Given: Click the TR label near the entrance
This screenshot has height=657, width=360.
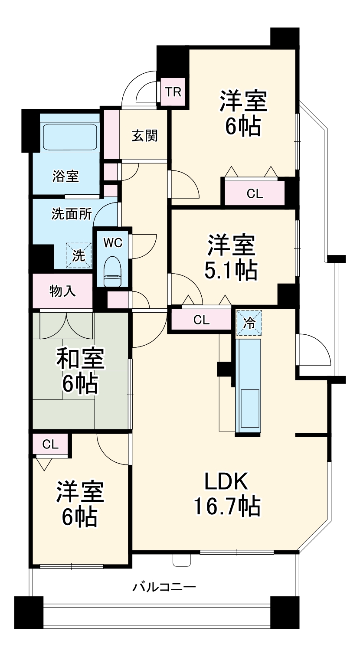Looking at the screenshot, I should tap(173, 92).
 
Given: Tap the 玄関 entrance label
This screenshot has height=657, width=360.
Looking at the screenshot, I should tap(144, 136).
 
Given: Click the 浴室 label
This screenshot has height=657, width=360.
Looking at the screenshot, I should tap(65, 176).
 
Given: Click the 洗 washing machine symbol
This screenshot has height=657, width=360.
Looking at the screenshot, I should tap(79, 255).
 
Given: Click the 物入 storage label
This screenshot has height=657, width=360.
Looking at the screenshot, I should tap(63, 291).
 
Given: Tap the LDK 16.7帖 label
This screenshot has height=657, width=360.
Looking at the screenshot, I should tap(226, 494).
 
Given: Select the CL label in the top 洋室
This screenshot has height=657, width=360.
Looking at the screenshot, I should tap(255, 194).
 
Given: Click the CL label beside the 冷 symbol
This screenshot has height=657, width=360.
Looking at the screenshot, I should tap(201, 320).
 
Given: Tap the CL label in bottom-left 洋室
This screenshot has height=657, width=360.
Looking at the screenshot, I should tap(51, 444).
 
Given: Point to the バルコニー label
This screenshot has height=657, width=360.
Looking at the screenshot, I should tap(164, 588).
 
